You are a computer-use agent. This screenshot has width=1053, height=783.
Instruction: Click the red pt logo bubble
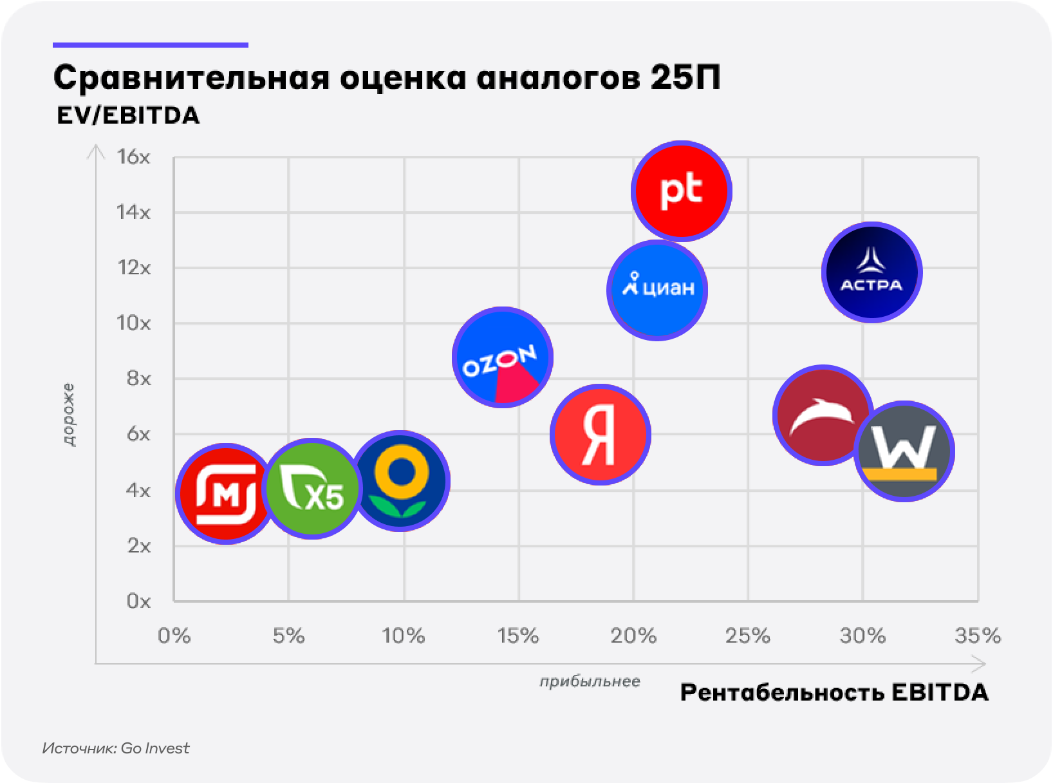682,191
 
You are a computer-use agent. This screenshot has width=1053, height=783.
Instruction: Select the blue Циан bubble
657,289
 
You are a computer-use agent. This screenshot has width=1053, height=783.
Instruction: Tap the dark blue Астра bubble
871,272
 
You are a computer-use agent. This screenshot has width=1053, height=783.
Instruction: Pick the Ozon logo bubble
503,357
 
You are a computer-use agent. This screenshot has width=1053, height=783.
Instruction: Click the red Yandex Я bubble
601,434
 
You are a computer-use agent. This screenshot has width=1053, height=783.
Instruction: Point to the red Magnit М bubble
225,493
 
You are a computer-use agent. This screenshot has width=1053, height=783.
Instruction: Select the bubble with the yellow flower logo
401,480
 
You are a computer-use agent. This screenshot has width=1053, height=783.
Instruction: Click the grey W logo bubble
905,451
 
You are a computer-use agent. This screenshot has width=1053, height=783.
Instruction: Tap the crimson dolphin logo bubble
823,415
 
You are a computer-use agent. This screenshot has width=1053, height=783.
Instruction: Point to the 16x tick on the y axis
134,157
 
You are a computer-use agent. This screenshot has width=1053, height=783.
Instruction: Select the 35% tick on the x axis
978,636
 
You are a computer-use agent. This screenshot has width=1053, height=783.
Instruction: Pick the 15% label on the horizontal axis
518,636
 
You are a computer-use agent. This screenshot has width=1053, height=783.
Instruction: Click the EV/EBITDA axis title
127,116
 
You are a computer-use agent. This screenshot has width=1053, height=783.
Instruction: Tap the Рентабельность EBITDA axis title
834,693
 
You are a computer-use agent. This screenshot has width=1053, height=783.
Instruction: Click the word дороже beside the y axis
69,415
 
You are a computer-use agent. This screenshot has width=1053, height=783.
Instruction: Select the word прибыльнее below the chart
590,681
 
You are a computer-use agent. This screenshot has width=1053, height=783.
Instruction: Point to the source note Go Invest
116,748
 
